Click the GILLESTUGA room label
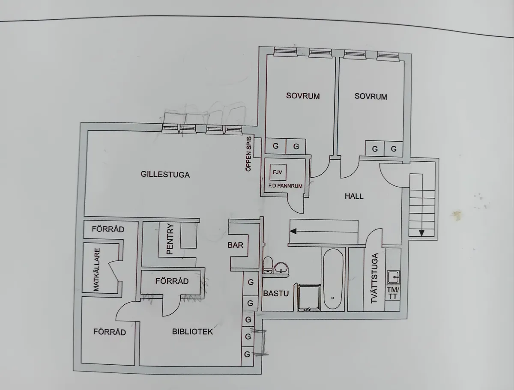[x=165, y=175]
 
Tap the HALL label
[x=354, y=196]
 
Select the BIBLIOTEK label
[x=192, y=331]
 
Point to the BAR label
[x=236, y=245]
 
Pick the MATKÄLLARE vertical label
[x=96, y=270]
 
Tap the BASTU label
[x=276, y=294]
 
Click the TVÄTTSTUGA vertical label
[x=374, y=279]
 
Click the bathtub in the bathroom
[x=333, y=279]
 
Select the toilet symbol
[x=268, y=264]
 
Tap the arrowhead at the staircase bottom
[x=421, y=233]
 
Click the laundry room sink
[x=393, y=277]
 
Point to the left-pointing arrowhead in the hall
[x=293, y=231]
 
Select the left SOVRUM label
[x=303, y=96]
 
